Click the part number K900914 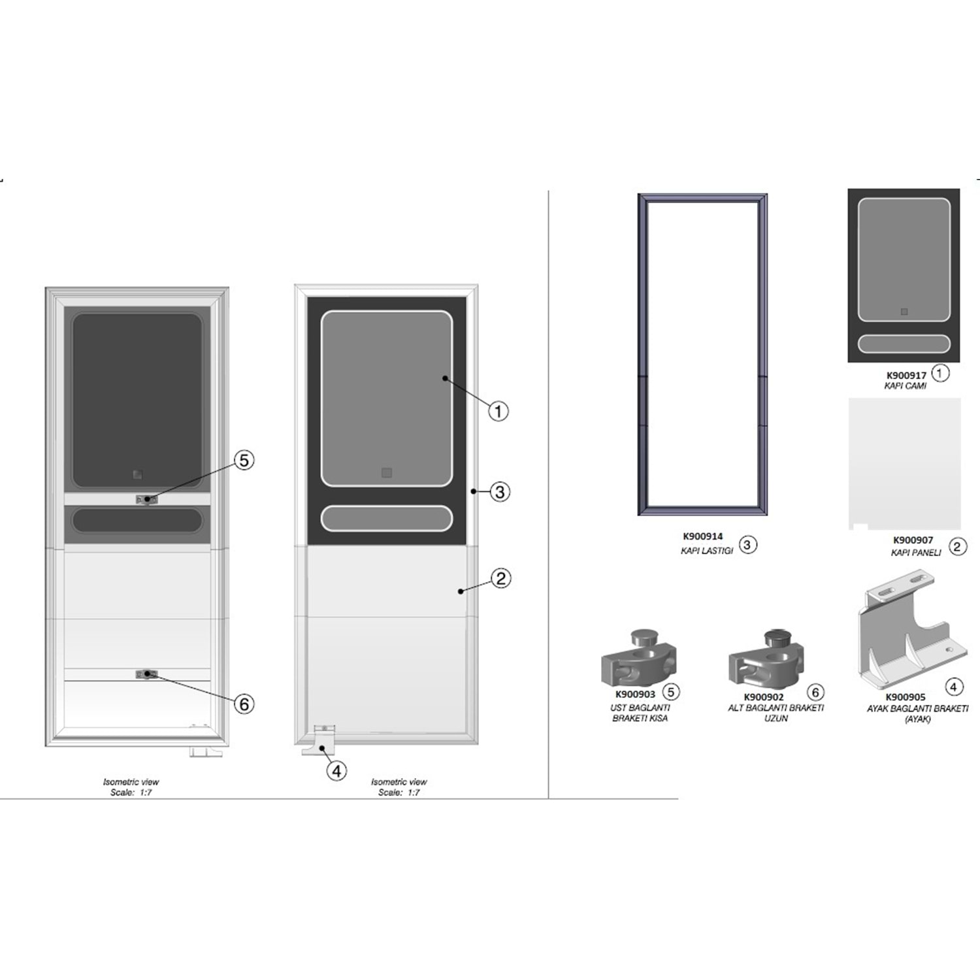(702, 536)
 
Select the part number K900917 (906, 376)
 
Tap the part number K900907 (913, 540)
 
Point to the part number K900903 (635, 694)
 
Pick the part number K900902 (763, 697)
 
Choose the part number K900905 (905, 697)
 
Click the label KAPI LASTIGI (706, 551)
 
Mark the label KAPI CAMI (905, 386)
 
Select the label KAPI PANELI (915, 553)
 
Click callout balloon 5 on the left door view (244, 460)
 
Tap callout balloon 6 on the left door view (244, 704)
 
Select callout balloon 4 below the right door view (336, 771)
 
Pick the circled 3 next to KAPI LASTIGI (747, 544)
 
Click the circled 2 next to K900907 (957, 546)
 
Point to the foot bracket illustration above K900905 (905, 630)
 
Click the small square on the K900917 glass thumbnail (904, 312)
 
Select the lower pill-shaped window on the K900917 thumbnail (904, 344)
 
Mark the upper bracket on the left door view (146, 500)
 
